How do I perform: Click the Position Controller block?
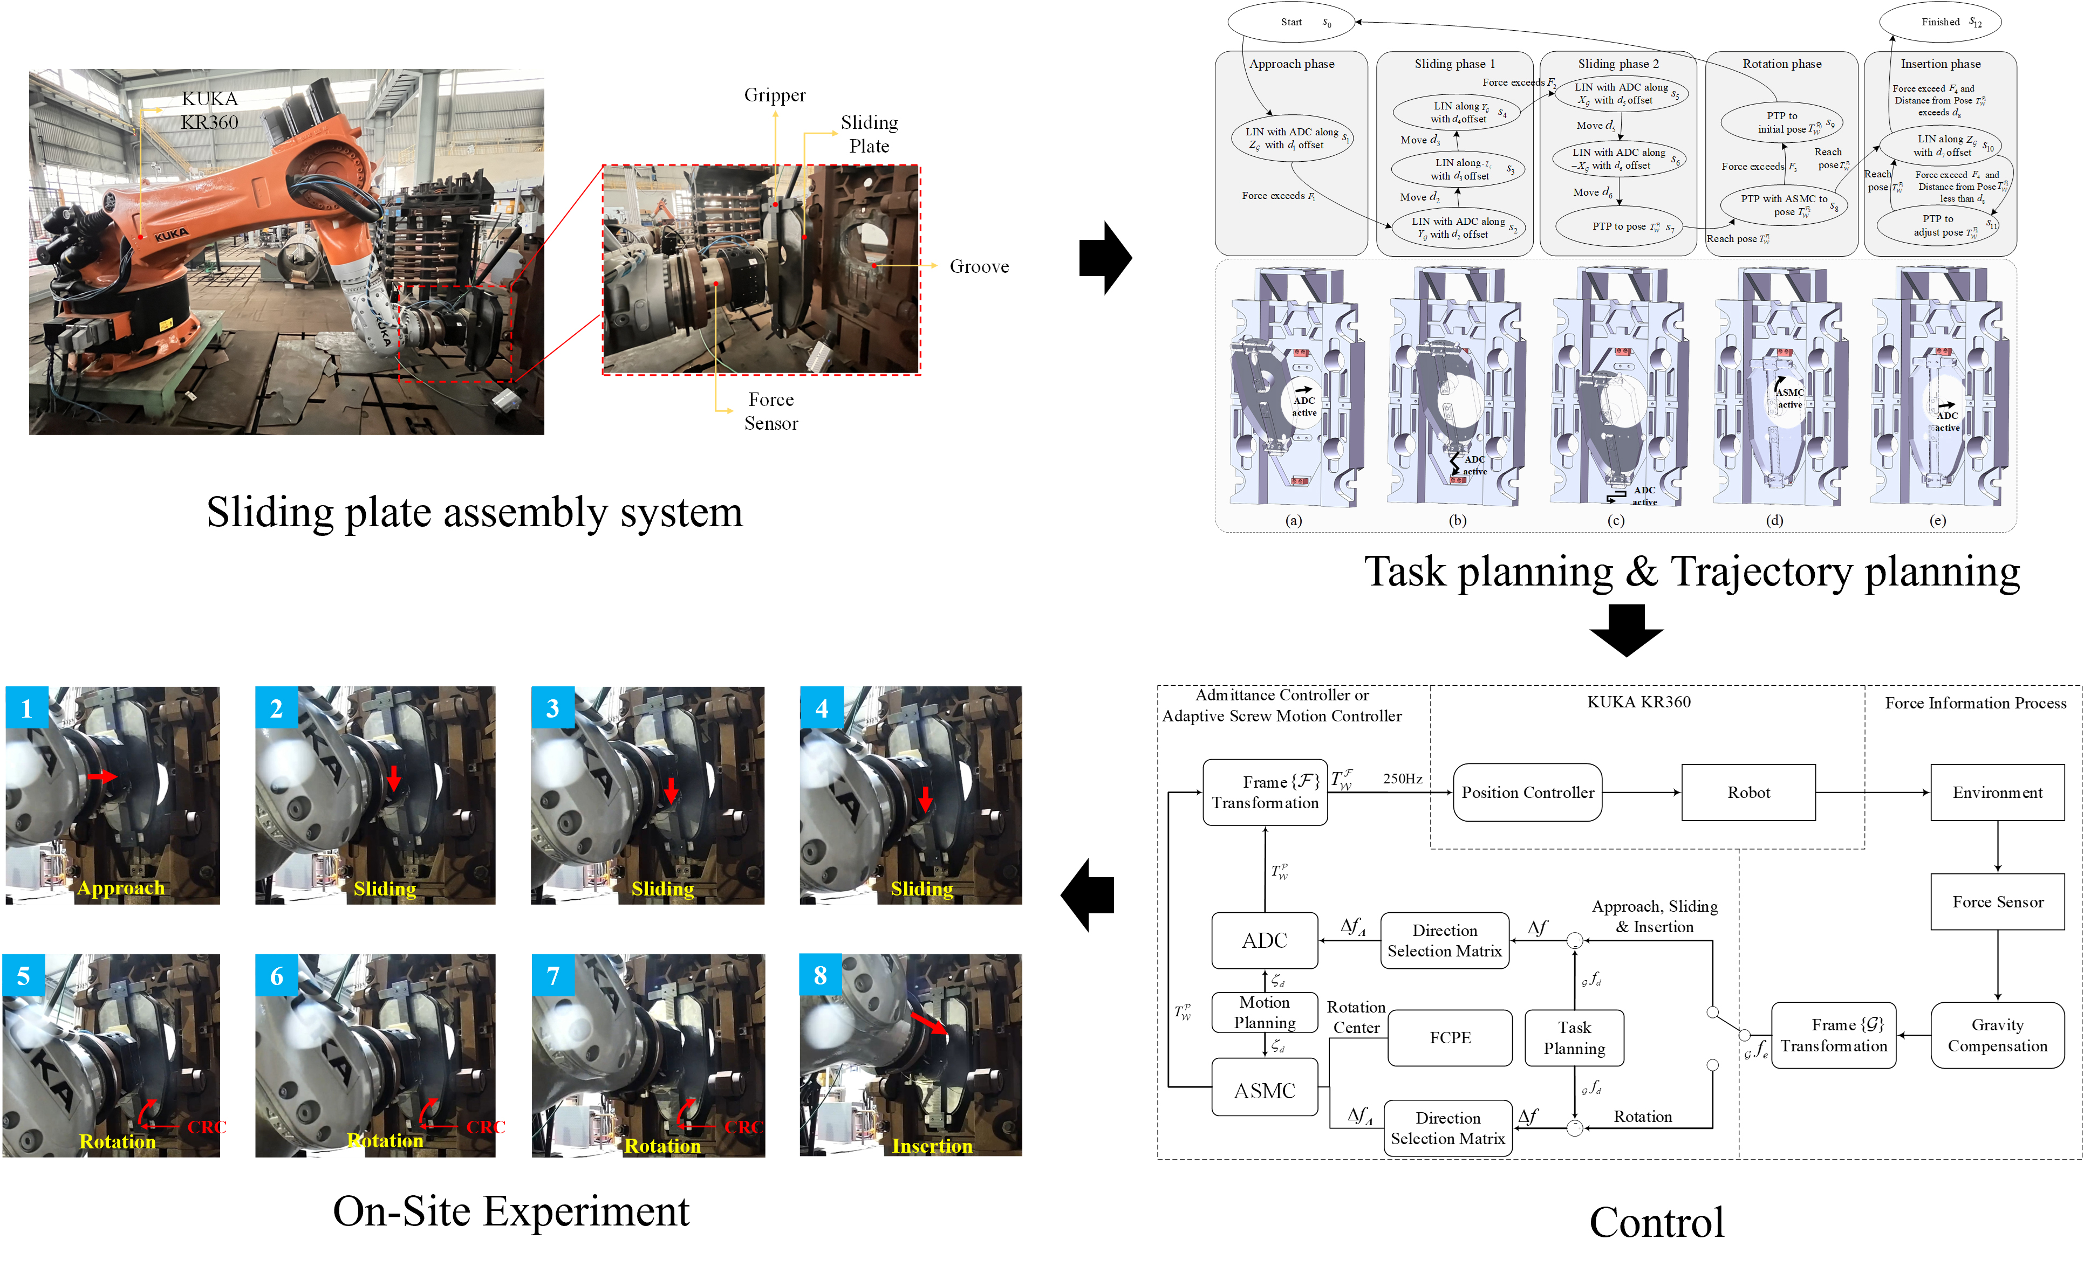[x=1527, y=792]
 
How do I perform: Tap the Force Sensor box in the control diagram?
[x=1997, y=902]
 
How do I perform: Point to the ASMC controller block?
[x=1265, y=1091]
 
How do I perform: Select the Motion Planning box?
[x=1265, y=1012]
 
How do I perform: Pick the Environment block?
[x=1997, y=792]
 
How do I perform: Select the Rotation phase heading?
[x=1781, y=64]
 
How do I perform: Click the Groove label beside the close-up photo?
[x=979, y=266]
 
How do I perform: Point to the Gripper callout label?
[x=775, y=95]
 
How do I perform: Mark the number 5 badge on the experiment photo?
[x=24, y=975]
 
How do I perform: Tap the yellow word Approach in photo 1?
[x=121, y=887]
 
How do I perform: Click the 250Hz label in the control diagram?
[x=1402, y=779]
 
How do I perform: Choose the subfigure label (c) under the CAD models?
[x=1615, y=521]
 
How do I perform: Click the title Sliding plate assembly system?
[x=475, y=512]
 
